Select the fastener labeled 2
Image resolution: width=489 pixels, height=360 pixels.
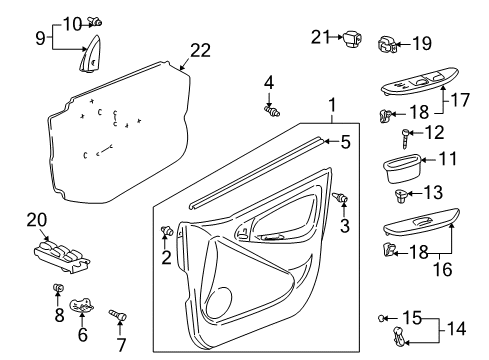pyautogui.click(x=166, y=233)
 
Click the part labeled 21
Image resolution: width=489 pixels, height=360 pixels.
pyautogui.click(x=352, y=39)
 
